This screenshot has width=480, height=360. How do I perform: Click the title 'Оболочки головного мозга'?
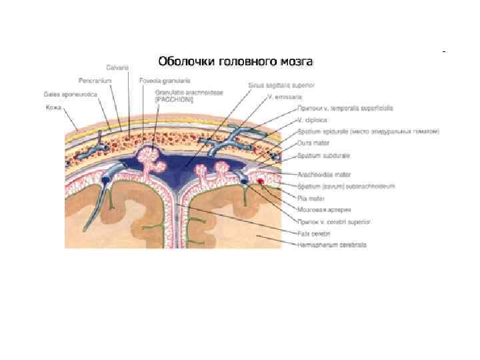[x=235, y=62]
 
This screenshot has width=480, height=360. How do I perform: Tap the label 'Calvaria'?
[x=117, y=67]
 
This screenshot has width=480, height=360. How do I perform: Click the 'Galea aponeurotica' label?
[x=71, y=94]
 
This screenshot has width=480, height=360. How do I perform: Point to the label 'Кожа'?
[x=55, y=107]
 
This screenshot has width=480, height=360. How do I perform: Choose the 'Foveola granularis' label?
[x=160, y=80]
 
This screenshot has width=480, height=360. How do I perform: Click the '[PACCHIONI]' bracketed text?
[x=173, y=99]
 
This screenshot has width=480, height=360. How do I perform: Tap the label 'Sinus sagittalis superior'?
[x=282, y=85]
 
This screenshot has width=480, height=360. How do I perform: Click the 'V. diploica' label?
[x=309, y=120]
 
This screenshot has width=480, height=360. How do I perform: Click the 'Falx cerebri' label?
[x=312, y=233]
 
